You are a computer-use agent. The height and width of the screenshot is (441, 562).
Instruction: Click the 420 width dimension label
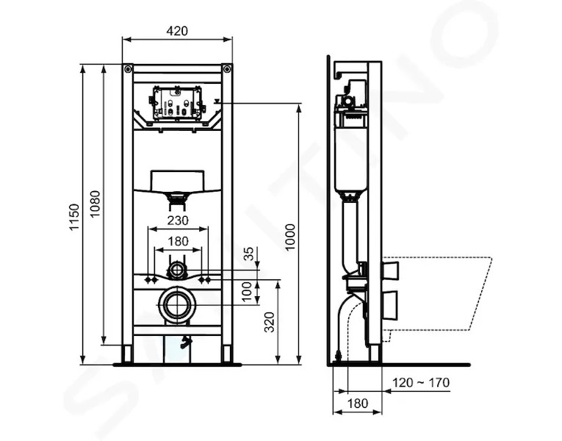coord(177,31)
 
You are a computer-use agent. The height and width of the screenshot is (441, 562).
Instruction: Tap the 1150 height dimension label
coord(74,217)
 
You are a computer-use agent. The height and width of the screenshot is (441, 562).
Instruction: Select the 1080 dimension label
coord(95,204)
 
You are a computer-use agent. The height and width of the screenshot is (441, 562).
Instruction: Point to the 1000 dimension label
coord(290,237)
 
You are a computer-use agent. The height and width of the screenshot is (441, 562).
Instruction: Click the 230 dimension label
coord(178,220)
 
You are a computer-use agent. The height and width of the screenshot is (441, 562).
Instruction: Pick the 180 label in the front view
coord(178,241)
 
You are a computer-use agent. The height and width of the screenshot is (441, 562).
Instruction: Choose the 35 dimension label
coord(249,254)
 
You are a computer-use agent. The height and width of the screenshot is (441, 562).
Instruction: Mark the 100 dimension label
coord(247,292)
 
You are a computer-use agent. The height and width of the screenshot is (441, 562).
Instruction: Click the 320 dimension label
coord(269,323)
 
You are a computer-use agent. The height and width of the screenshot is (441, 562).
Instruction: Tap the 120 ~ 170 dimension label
coord(421,382)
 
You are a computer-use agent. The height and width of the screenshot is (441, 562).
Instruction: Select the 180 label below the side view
coord(357,404)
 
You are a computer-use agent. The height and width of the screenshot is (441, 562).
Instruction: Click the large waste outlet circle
coord(178,304)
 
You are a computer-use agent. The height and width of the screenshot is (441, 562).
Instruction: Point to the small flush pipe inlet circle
coord(176,269)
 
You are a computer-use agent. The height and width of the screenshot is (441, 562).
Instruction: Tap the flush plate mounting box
coord(178,103)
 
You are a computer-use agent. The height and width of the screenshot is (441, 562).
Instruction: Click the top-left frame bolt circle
coord(128,69)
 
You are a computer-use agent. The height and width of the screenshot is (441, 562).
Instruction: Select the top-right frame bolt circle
coord(227,69)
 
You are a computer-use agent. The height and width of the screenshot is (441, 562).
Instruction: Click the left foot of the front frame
coord(128,354)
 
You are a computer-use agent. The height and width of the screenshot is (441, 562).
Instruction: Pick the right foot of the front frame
coord(227,354)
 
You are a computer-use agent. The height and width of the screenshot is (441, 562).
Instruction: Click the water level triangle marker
coord(217,101)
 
